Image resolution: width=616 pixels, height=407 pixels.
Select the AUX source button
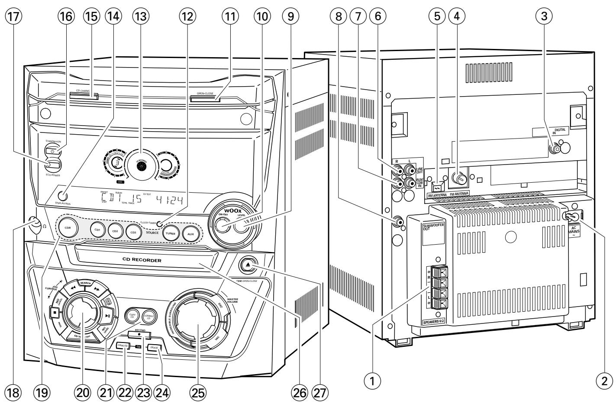190,234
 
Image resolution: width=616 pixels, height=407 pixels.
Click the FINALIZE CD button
123,345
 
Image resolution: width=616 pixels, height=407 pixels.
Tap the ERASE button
154,347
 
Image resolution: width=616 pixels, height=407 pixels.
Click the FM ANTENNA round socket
458,178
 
